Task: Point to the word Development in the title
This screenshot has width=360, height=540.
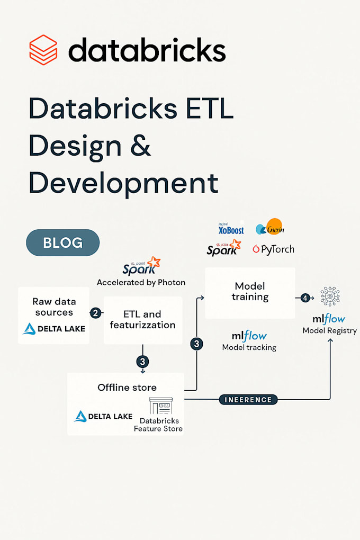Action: tap(123, 182)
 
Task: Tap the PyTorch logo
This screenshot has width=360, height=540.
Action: tap(273, 249)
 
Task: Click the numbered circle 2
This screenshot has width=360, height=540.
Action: tap(95, 313)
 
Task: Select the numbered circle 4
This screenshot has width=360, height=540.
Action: tap(305, 298)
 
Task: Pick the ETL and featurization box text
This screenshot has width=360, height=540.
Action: tap(142, 320)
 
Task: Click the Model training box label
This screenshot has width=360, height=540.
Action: tap(250, 291)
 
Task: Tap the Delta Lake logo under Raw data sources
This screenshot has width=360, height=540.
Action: tap(53, 329)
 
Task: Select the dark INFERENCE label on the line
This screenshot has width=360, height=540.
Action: tap(248, 400)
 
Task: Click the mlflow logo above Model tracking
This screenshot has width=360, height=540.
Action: tap(249, 336)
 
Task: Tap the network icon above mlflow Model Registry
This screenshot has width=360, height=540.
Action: tap(330, 296)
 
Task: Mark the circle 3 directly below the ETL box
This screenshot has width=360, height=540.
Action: tap(142, 362)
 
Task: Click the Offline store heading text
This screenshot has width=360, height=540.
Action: tap(127, 388)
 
